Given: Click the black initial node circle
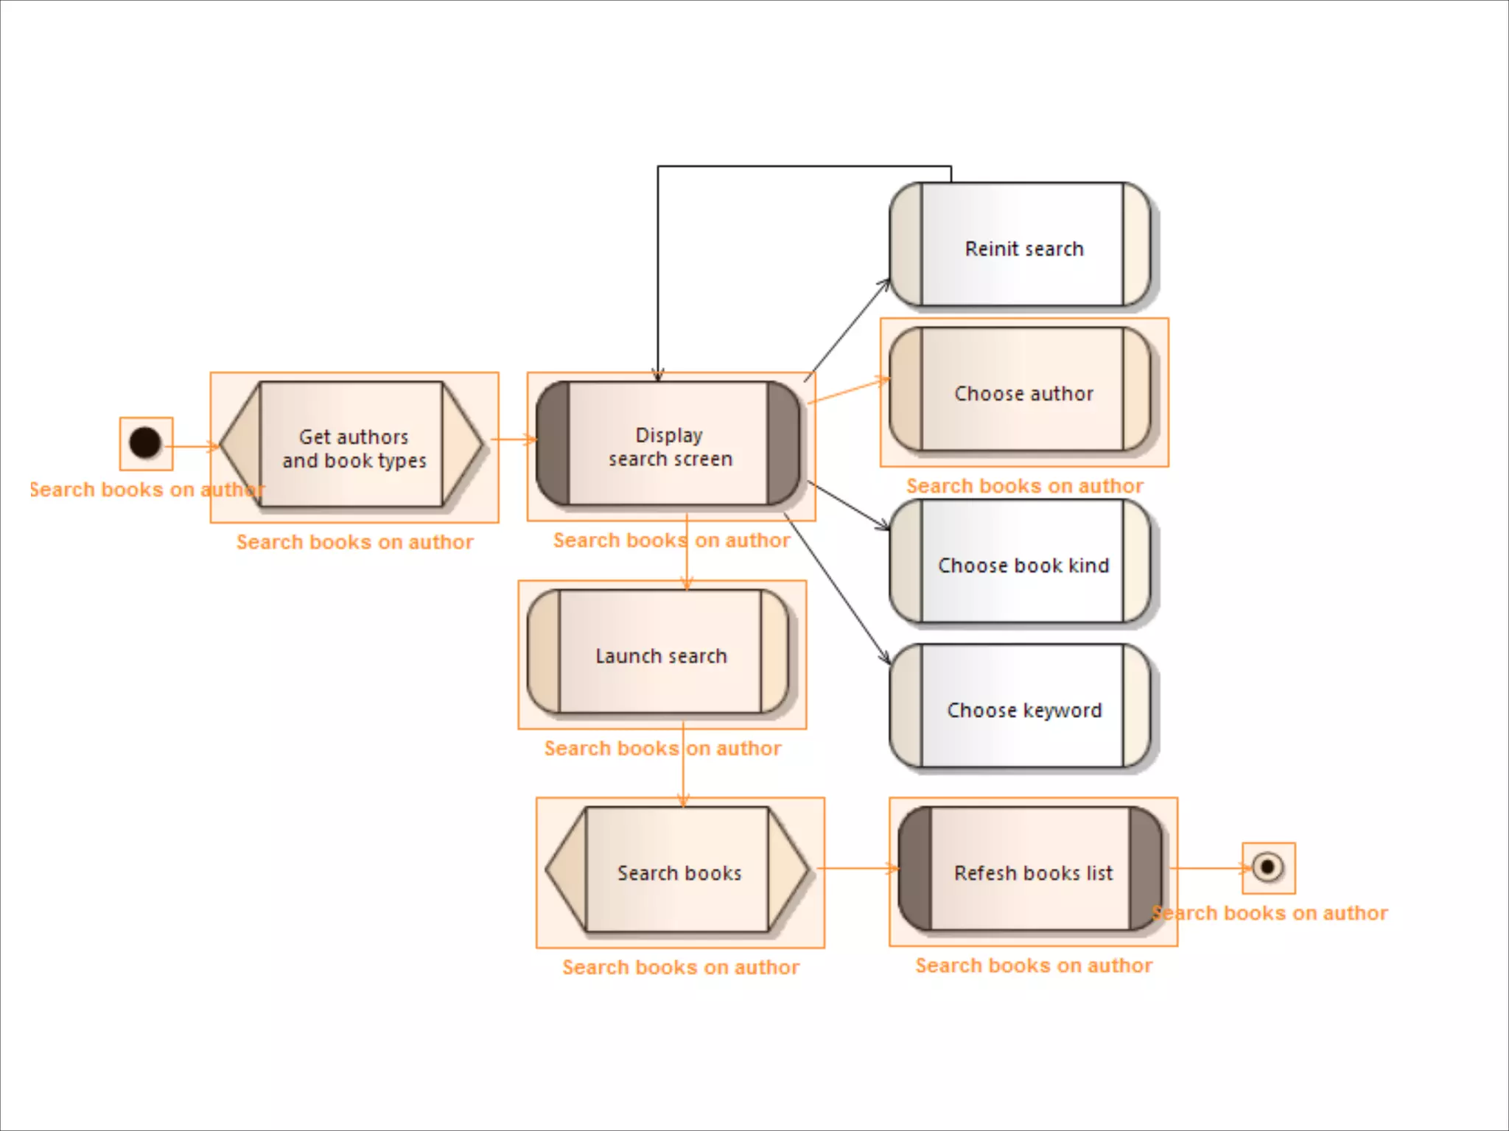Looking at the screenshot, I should coord(145,443).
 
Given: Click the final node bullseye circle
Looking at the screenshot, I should coord(1267,867).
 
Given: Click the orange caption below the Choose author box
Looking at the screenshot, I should coord(1024,486).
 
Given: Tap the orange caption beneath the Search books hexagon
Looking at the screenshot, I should coord(680,967).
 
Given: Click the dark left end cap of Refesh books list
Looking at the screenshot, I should coord(914,869).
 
